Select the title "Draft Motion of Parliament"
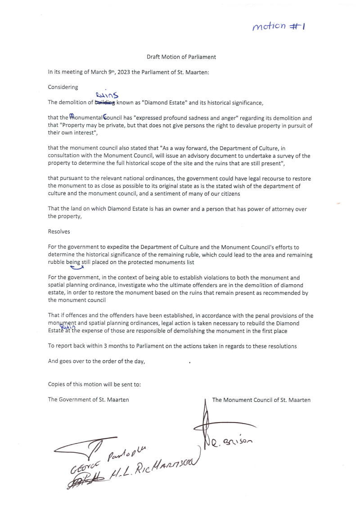(x=181, y=57)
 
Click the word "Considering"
(x=63, y=87)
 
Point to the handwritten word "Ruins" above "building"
(x=107, y=95)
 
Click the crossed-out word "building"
(x=104, y=103)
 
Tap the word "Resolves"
(x=59, y=232)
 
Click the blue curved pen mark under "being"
(x=77, y=268)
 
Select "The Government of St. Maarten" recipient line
(x=88, y=400)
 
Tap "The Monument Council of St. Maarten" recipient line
(x=261, y=400)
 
